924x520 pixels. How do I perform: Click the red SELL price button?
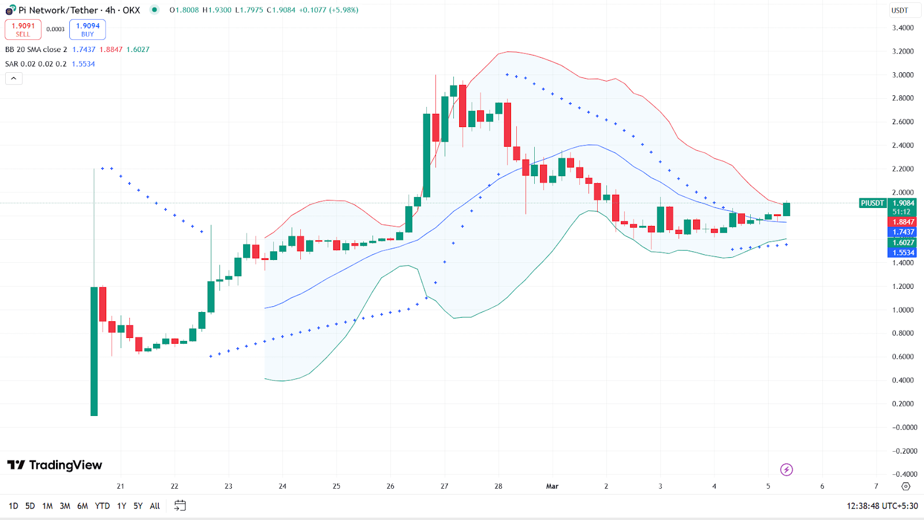tap(23, 29)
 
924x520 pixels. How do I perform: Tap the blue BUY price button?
tap(87, 29)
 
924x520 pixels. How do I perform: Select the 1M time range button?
tap(47, 506)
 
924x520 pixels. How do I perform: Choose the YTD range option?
tap(102, 506)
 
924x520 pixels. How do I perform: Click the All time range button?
tap(155, 506)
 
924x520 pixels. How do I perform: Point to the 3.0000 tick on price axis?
tap(903, 75)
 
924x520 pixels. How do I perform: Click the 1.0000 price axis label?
tap(903, 310)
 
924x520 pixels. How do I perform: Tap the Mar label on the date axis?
tap(552, 486)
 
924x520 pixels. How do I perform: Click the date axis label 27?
tap(444, 486)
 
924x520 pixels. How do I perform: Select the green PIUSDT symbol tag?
tap(872, 203)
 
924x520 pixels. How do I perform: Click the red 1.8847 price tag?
tap(903, 222)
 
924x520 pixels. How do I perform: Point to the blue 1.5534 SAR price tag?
tap(903, 252)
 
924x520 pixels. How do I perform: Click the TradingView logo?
tap(55, 465)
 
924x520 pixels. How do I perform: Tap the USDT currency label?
tap(899, 10)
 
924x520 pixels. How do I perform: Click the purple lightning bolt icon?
tap(786, 470)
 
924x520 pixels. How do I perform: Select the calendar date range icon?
tap(180, 506)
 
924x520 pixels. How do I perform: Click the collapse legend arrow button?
tap(14, 79)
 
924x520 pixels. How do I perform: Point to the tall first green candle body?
tap(94, 351)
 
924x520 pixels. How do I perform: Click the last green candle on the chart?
tap(787, 209)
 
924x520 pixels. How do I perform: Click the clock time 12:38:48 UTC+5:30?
tap(882, 506)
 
